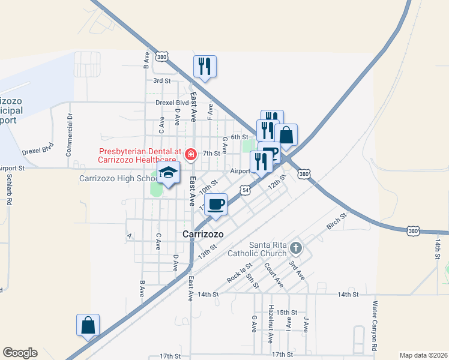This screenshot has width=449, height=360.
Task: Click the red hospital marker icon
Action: [190, 155]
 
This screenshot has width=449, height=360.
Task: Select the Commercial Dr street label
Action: [70, 135]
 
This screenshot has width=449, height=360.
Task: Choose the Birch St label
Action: [336, 223]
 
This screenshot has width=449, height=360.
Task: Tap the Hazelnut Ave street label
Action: [271, 326]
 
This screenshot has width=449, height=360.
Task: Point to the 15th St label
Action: [287, 313]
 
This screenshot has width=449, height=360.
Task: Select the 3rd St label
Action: [162, 80]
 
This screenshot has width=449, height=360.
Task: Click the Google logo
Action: [20, 353]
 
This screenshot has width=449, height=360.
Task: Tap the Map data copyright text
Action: [423, 355]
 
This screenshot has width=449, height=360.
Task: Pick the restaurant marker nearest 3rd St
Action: [205, 67]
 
